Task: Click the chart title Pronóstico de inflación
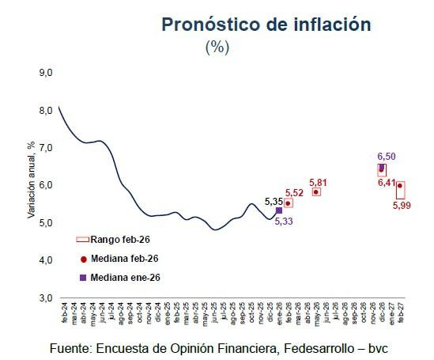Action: click(266, 25)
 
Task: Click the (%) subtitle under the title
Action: click(217, 47)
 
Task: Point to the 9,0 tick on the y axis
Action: click(45, 73)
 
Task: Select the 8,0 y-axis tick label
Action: click(45, 110)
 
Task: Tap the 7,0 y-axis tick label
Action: click(45, 148)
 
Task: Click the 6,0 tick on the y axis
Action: click(45, 185)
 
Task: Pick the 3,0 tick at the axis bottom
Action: click(45, 297)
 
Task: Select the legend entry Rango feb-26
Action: click(119, 239)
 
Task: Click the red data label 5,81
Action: click(319, 182)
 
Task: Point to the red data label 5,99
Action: click(403, 207)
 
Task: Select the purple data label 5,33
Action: click(285, 221)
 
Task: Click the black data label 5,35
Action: click(274, 201)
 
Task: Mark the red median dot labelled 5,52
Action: click(289, 203)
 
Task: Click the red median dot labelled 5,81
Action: click(316, 191)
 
